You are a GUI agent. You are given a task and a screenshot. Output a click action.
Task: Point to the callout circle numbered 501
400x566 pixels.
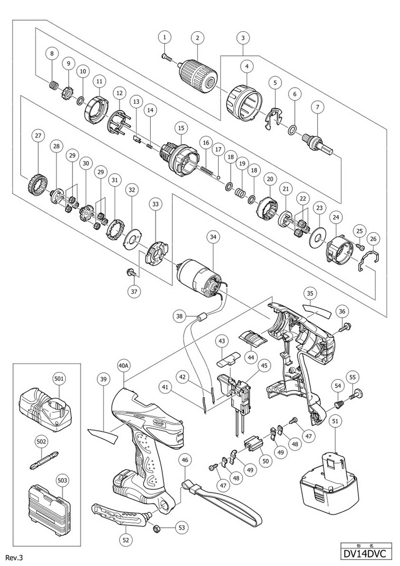59,378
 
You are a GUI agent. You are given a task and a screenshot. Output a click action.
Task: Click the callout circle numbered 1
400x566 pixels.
165,37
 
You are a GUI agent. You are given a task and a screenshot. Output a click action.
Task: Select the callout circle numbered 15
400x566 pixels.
180,128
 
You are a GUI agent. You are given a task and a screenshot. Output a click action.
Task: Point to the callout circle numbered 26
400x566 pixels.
374,239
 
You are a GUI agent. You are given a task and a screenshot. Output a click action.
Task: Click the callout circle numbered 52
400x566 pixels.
127,539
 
